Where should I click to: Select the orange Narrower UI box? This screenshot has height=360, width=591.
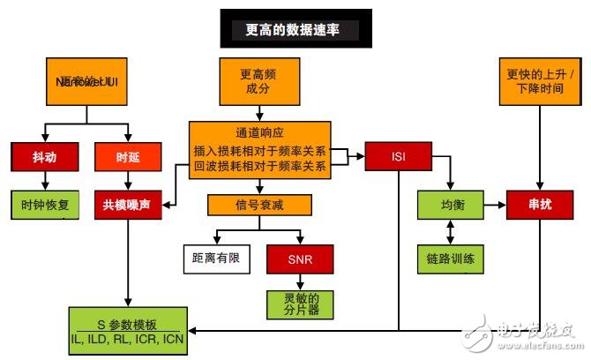(x=86, y=82)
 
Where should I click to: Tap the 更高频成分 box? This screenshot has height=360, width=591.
(x=258, y=82)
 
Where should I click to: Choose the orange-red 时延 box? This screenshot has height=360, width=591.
(x=128, y=157)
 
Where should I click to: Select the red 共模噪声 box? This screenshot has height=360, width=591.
(x=128, y=204)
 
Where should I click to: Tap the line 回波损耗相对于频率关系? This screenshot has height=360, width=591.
(x=258, y=165)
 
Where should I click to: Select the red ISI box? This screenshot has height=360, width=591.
(x=399, y=157)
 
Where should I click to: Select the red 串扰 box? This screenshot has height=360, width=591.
(x=539, y=204)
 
